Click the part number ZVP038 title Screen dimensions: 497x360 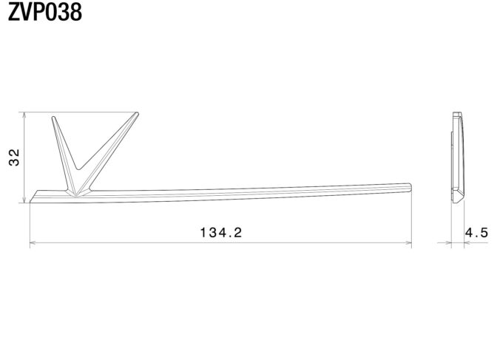point(44,12)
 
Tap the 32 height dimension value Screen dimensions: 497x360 point(14,157)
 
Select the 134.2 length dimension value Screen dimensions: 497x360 point(221,233)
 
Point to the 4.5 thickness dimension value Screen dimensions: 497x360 point(476,233)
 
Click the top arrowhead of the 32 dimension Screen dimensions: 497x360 point(24,115)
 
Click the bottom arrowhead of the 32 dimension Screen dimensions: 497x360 point(24,200)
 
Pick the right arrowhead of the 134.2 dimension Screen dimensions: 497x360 point(408,243)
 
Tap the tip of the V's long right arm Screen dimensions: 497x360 point(137,113)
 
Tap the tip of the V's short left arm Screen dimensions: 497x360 point(53,118)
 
